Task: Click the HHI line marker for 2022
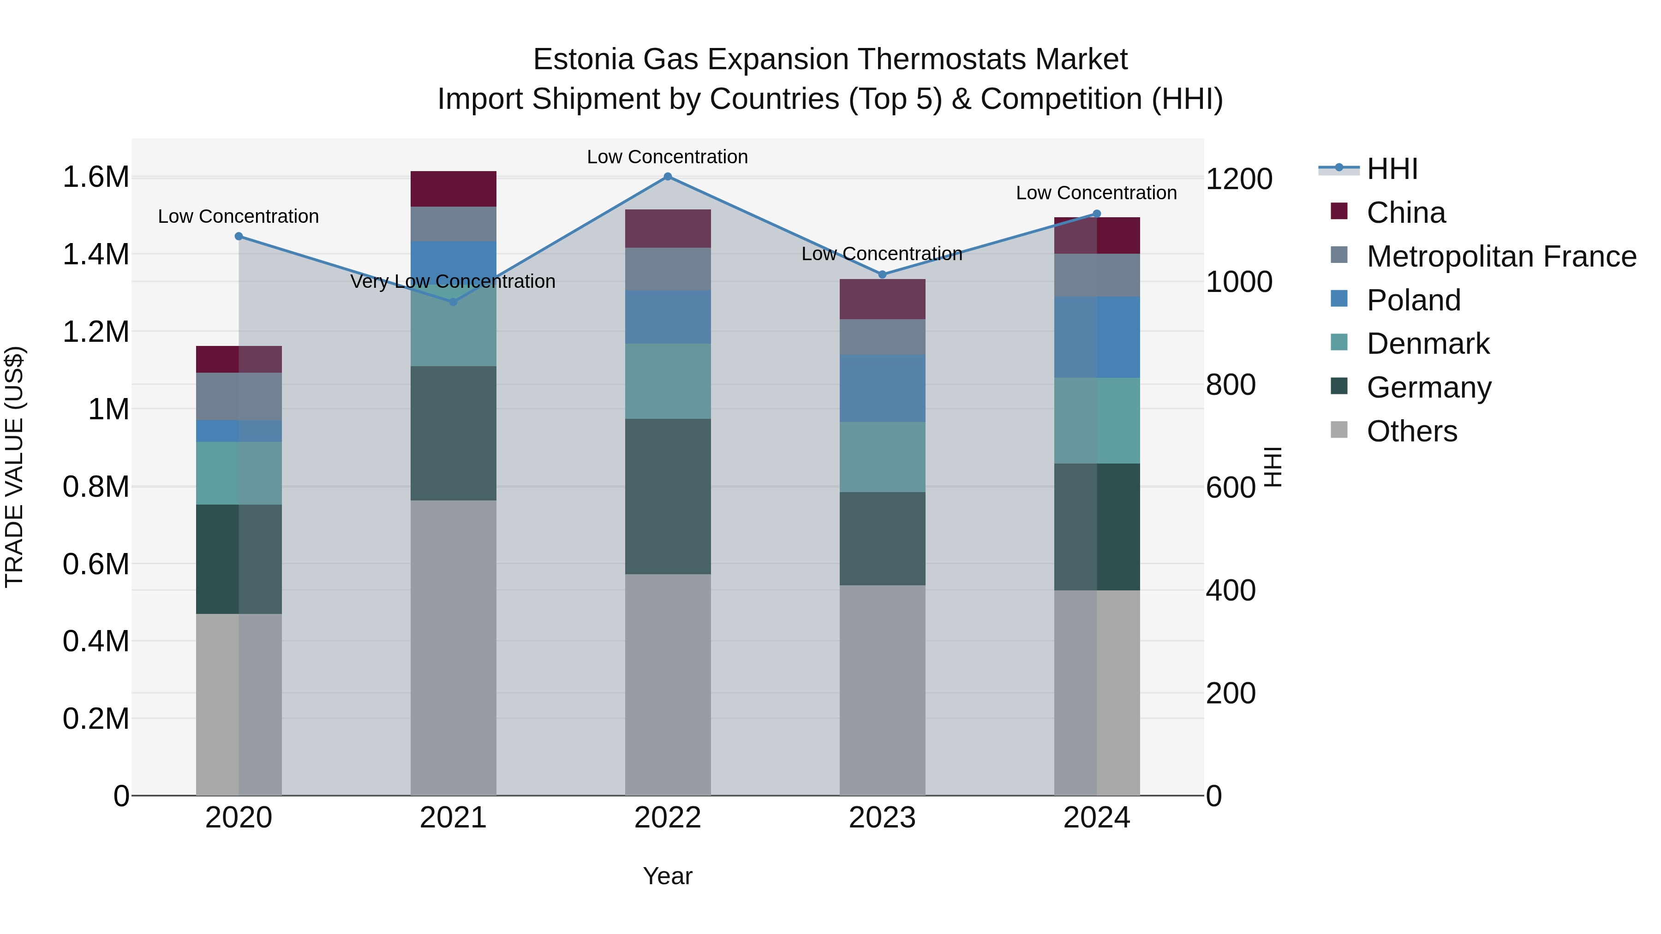point(667,177)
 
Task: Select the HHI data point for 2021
point(453,302)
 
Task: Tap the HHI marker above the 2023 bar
point(882,274)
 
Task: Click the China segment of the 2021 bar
point(453,189)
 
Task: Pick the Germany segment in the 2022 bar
point(667,496)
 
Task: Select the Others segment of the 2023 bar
point(882,690)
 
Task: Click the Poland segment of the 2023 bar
point(882,388)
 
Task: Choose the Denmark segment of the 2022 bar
point(667,381)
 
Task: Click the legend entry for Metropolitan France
point(1501,256)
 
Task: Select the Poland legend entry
point(1413,300)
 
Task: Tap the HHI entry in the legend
point(1392,169)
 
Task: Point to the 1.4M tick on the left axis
point(96,254)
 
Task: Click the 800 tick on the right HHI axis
point(1230,385)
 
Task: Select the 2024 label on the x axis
point(1096,818)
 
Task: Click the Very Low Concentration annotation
point(453,282)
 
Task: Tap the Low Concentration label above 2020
point(238,217)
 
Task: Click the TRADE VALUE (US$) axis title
point(14,467)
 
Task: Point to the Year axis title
point(667,876)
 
